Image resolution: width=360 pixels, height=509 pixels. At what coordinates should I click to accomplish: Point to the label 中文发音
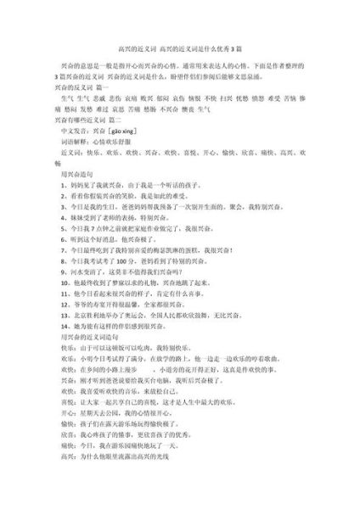(x=65, y=133)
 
